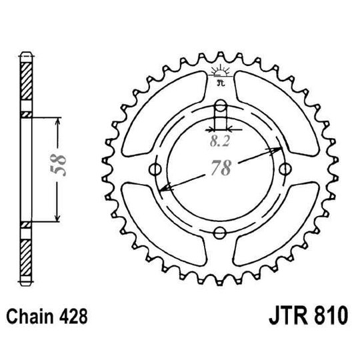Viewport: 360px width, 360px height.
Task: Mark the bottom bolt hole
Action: [x=221, y=232]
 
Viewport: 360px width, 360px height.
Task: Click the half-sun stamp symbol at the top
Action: [x=221, y=73]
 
